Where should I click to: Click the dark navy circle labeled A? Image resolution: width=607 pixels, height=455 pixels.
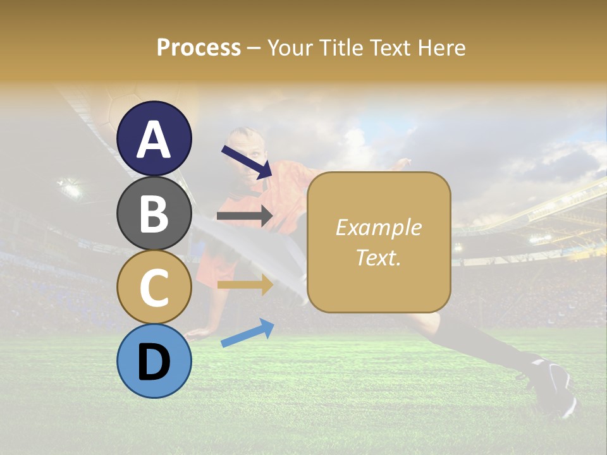pos(154,138)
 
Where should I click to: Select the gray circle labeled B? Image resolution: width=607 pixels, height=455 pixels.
pos(154,213)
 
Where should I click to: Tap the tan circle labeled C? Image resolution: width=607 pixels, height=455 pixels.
pos(154,287)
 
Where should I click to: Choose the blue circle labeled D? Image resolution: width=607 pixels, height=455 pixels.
pos(154,361)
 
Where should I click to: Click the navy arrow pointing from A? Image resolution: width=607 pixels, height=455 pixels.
pos(246,162)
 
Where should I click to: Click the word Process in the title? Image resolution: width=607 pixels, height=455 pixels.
pos(199,47)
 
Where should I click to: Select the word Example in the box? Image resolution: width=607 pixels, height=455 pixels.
pos(378,227)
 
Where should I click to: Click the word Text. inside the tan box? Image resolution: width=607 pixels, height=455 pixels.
pos(378,257)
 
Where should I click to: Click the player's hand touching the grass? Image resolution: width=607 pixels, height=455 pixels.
pos(201,331)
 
